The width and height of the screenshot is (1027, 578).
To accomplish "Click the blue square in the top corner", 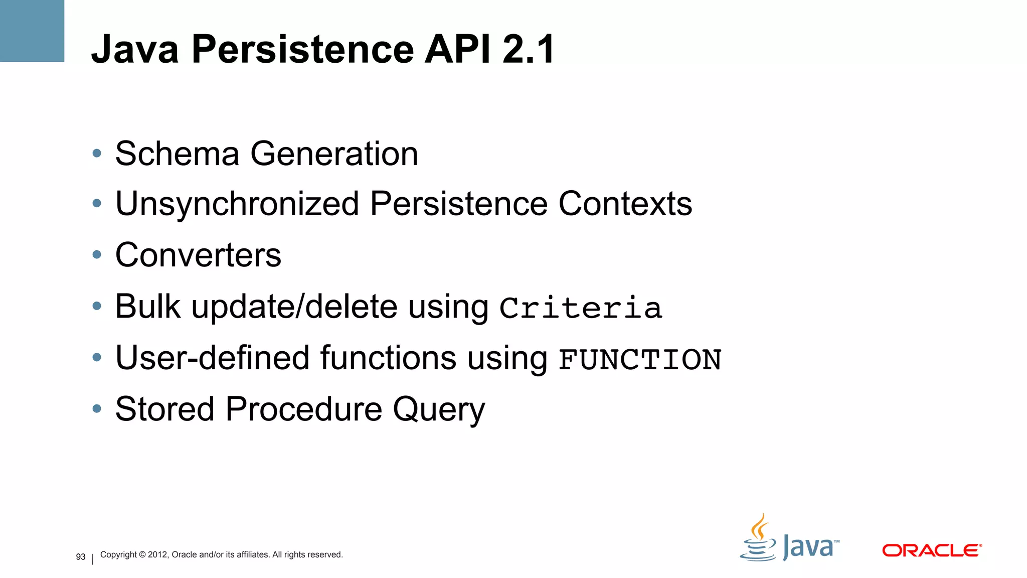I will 32,31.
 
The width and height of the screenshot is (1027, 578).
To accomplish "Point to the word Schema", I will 177,154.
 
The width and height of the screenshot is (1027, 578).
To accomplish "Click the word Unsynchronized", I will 237,205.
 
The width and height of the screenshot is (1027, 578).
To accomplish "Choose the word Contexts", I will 625,204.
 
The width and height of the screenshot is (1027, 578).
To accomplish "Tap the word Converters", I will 198,255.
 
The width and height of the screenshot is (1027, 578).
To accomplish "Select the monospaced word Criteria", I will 581,308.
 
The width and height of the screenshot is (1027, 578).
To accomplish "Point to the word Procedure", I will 303,409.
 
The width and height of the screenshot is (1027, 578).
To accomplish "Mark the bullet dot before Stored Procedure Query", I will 97,409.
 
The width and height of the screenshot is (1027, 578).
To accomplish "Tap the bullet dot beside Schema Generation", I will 97,154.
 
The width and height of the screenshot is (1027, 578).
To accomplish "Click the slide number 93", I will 81,557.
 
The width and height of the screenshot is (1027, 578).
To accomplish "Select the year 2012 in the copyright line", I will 157,555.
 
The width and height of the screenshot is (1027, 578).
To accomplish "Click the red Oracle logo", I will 931,550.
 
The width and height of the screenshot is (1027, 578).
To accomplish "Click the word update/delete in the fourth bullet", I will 294,307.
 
